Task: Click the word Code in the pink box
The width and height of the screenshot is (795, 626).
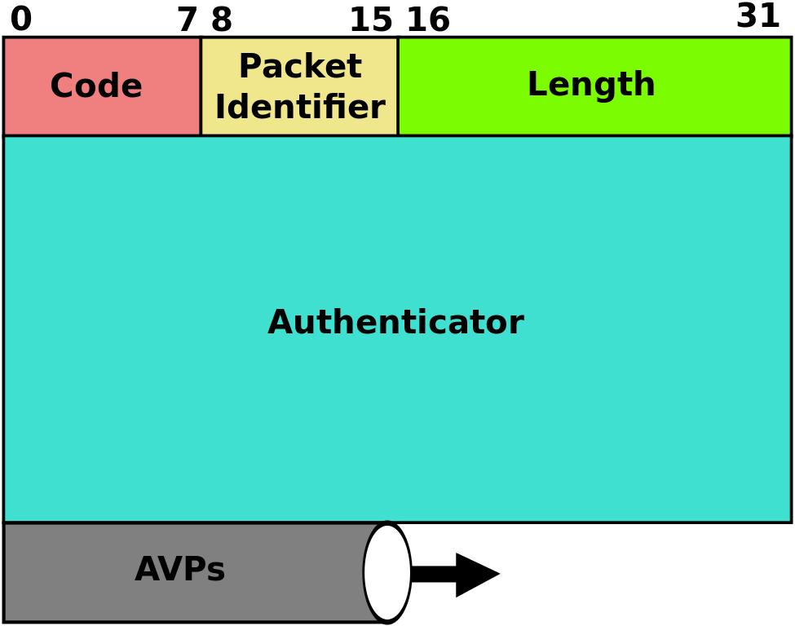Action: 96,87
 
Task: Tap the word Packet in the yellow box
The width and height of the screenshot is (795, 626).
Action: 299,68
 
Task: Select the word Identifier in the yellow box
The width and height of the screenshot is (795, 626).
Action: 299,108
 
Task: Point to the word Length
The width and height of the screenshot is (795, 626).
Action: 591,86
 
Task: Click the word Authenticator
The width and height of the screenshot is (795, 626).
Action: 395,324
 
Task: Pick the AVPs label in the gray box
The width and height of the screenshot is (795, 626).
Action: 179,571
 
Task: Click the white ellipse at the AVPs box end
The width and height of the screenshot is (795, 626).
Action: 387,572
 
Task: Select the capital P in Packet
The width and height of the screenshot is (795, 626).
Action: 249,68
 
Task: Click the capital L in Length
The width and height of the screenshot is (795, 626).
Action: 536,86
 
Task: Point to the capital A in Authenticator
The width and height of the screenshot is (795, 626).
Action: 280,324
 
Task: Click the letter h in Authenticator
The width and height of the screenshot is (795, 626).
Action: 346,324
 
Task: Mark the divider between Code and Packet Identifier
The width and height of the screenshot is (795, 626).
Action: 201,86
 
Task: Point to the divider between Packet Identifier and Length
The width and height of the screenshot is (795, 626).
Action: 398,86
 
